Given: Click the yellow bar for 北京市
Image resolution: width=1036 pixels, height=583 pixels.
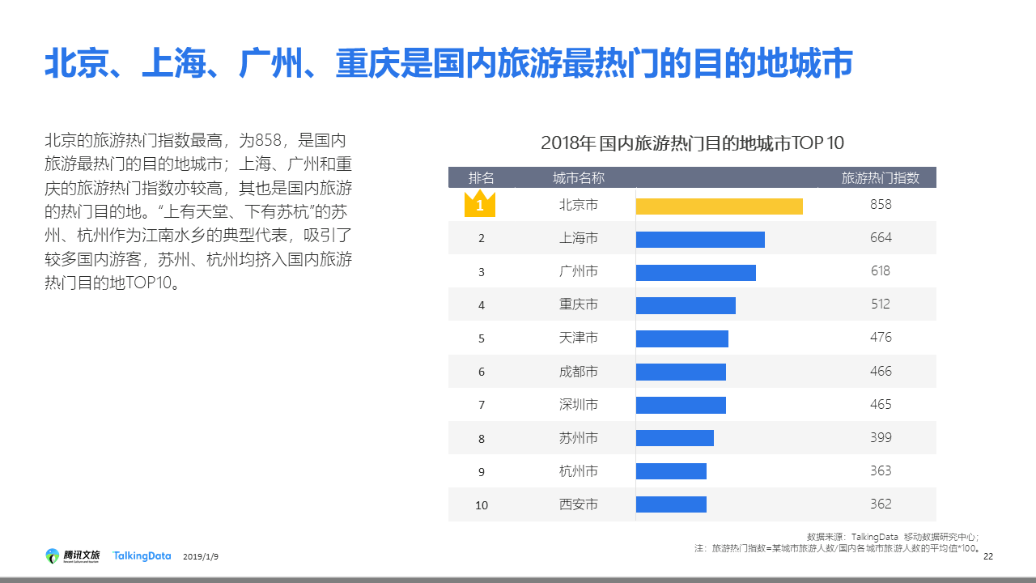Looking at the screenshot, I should (x=719, y=206).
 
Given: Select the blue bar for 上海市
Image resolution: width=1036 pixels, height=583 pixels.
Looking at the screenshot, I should (x=700, y=240).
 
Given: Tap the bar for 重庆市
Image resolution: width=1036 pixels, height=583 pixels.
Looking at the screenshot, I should (x=686, y=305).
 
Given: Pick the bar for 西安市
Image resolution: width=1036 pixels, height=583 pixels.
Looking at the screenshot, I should (x=671, y=504).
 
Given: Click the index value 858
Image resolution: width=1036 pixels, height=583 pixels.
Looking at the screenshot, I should (x=881, y=205).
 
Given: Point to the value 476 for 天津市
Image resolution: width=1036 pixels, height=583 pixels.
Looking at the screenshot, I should (x=881, y=338).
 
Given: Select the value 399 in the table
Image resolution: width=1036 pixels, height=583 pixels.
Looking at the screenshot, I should (x=881, y=437).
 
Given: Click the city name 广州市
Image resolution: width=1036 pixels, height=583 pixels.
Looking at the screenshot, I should (x=579, y=271).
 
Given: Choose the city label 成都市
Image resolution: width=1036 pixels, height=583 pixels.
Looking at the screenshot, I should (x=579, y=372).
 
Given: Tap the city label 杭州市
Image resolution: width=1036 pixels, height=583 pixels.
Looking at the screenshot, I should (x=579, y=471).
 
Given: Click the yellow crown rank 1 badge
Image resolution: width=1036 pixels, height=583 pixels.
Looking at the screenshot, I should (x=479, y=204).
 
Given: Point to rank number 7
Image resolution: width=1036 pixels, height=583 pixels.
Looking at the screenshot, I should (x=482, y=405).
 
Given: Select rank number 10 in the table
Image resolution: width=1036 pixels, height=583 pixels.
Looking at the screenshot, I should (x=482, y=505).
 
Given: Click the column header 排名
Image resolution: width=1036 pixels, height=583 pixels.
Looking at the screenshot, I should (x=482, y=178).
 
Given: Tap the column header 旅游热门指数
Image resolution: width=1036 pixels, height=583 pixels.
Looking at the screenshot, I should (x=881, y=178).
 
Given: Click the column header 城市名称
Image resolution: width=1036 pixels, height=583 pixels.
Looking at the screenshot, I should (x=579, y=178).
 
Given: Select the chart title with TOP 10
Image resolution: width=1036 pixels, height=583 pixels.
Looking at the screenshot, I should (x=692, y=144).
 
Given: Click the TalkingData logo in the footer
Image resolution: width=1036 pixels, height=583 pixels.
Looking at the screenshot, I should (x=142, y=556).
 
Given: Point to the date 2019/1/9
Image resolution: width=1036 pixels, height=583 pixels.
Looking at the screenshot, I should (x=201, y=557).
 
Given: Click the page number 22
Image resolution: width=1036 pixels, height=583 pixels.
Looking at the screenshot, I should (x=987, y=556).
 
